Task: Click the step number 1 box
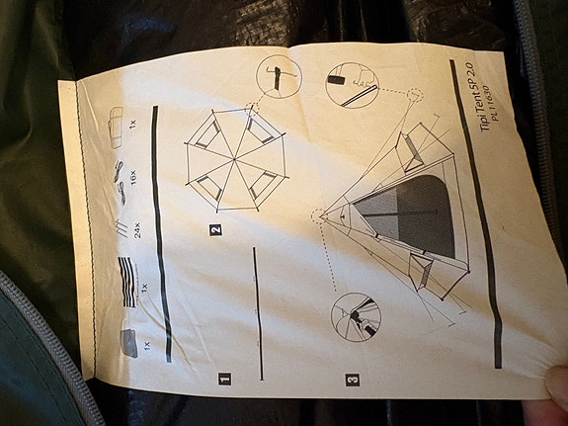pos(224,379)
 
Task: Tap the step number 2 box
pos(215,230)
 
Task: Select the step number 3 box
pos(353,380)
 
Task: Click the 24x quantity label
pos(137,230)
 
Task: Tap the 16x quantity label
pos(133,178)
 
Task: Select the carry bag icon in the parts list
pos(116,127)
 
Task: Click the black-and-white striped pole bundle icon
pos(127,282)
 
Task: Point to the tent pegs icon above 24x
pos(122,228)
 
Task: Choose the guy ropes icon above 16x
pos(120,182)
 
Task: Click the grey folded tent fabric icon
pos(128,343)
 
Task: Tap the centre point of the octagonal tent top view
pos(235,159)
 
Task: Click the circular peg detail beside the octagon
pos(279,77)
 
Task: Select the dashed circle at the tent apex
pos(319,216)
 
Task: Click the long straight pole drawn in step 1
pos(258,314)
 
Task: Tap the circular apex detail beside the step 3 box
pos(356,317)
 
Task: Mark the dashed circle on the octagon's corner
pos(253,108)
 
